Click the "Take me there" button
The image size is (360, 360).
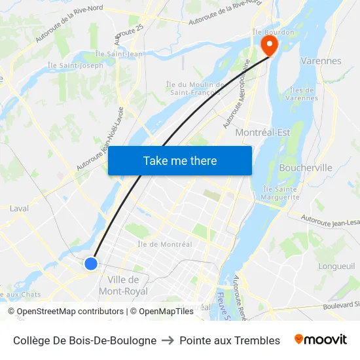click(180, 160)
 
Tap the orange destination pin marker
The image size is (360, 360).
click(269, 45)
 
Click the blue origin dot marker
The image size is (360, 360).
click(91, 263)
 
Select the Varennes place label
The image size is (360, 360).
click(321, 61)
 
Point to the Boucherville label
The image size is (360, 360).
click(306, 168)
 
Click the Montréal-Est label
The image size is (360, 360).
click(262, 132)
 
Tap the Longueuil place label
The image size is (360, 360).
click(336, 266)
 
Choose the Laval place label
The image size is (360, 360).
click(19, 208)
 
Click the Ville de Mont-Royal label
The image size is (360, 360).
click(123, 285)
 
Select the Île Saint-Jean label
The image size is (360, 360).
click(119, 54)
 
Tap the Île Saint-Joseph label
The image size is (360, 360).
click(75, 65)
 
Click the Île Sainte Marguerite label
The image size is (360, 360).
click(280, 193)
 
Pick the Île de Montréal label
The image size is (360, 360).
click(165, 244)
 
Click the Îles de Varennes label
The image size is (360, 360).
click(302, 94)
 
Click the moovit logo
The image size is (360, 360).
click(320, 340)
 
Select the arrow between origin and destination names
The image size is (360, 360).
click(168, 340)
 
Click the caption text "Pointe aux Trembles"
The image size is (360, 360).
click(230, 340)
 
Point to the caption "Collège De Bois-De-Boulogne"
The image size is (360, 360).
click(84, 340)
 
